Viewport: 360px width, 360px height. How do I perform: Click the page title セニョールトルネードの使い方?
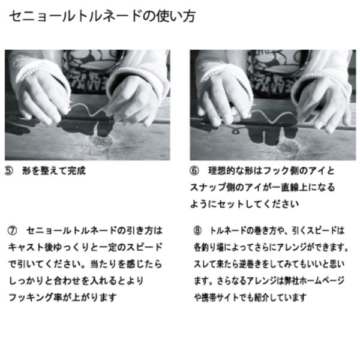101,16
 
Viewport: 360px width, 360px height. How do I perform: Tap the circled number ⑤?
9,170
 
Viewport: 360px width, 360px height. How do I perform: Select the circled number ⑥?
194,170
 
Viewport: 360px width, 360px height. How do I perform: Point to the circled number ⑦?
13,230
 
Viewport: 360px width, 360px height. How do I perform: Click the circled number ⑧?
197,230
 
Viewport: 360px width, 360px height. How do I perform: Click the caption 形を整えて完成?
53,170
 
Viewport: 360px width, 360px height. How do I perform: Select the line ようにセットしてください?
245,204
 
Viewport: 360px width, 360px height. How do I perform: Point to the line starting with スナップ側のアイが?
263,187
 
